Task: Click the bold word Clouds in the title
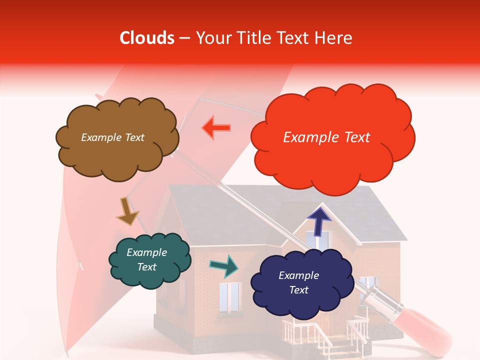147,38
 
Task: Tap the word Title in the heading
255,38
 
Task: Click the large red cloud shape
330,139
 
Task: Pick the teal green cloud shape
149,260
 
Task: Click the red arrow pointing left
216,128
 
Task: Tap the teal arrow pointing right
223,266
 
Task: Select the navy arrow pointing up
318,220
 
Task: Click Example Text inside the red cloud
326,137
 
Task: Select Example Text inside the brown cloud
112,137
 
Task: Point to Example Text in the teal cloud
147,260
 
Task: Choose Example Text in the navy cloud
298,282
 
